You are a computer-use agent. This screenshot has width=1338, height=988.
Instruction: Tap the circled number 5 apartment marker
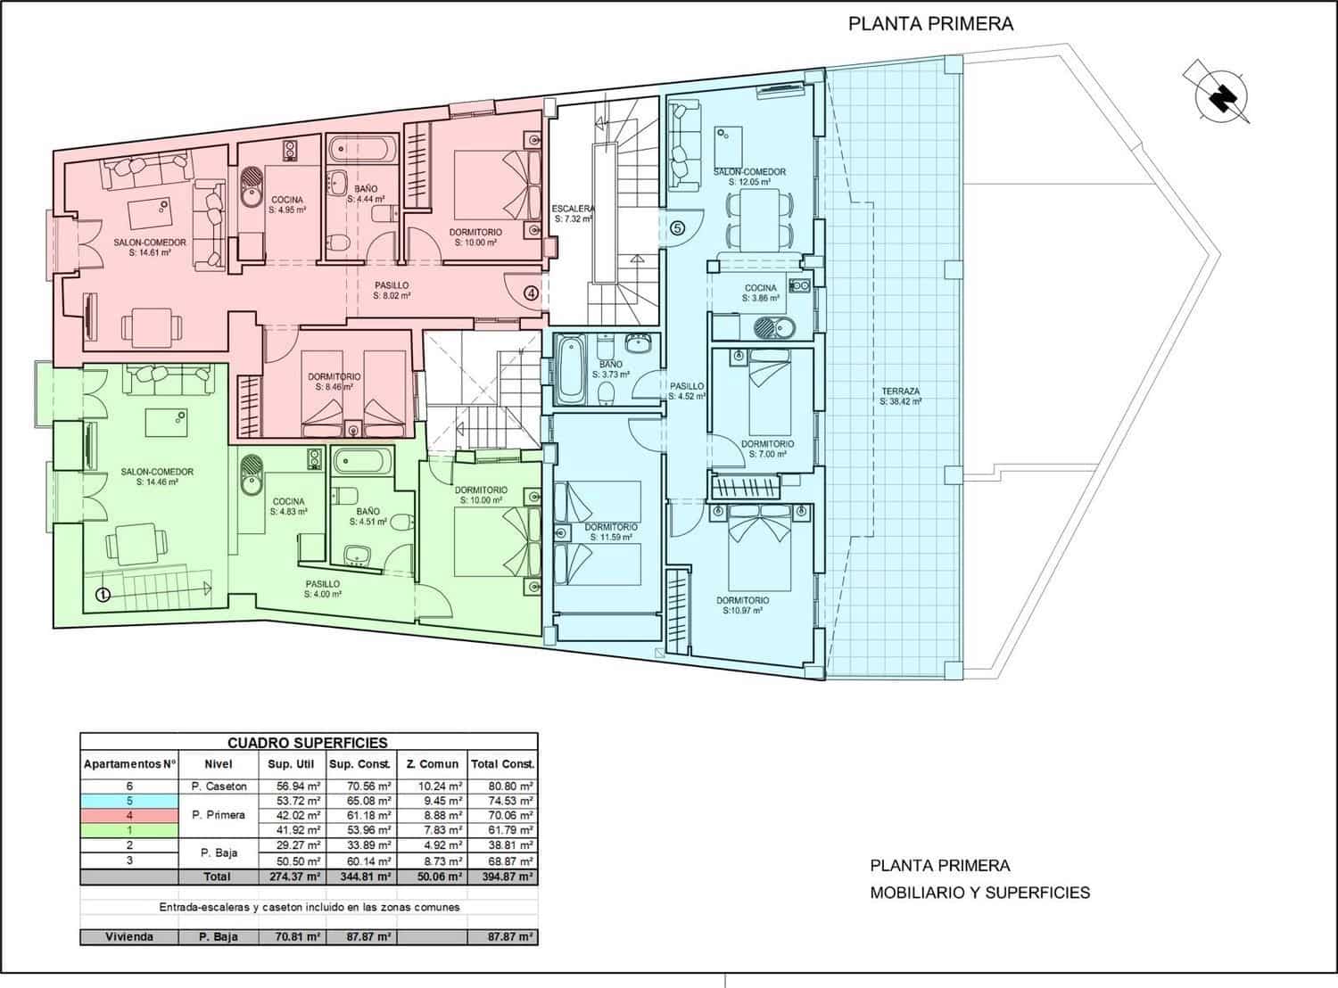tap(677, 228)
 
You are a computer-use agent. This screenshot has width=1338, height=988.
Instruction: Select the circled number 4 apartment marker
tap(531, 293)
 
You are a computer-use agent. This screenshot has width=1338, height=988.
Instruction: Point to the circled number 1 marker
tap(103, 595)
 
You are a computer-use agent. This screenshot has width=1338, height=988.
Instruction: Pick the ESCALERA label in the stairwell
tap(573, 209)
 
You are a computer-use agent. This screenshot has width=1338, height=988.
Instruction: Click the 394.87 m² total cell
tap(502, 877)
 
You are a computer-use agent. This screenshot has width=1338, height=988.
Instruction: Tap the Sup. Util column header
tap(292, 763)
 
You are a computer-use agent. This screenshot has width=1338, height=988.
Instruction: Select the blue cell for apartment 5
tap(129, 801)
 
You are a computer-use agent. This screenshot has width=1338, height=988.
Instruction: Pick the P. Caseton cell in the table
tap(219, 786)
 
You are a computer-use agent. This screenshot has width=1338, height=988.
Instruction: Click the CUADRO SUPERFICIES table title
tap(308, 743)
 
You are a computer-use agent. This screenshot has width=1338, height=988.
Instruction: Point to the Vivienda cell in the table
tap(129, 937)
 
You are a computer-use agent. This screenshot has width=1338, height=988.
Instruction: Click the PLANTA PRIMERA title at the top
tap(931, 23)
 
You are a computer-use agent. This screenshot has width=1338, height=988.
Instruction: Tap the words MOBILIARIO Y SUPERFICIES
tap(979, 893)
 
